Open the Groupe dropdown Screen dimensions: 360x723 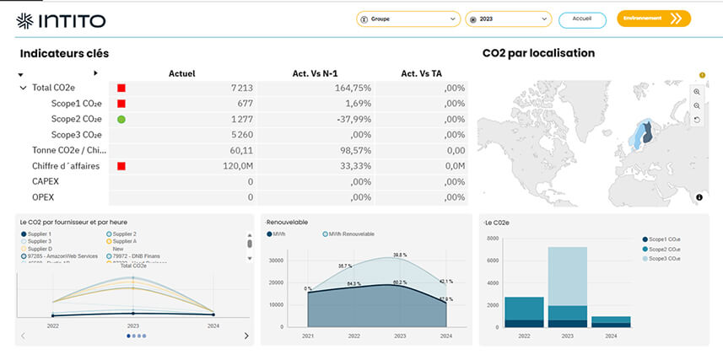pos(407,19)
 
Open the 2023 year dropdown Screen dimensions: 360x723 pos(508,19)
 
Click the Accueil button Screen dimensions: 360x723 pos(581,19)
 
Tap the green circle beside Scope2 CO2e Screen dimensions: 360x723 pos(121,119)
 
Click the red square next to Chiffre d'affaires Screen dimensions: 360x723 pos(121,166)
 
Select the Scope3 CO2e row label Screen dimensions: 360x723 pos(76,135)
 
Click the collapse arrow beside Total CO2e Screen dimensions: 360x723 pos(23,88)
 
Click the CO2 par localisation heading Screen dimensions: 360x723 pos(538,53)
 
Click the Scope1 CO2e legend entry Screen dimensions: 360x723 pos(670,240)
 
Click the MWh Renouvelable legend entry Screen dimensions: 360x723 pos(351,234)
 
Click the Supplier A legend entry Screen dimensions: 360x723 pos(123,241)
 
